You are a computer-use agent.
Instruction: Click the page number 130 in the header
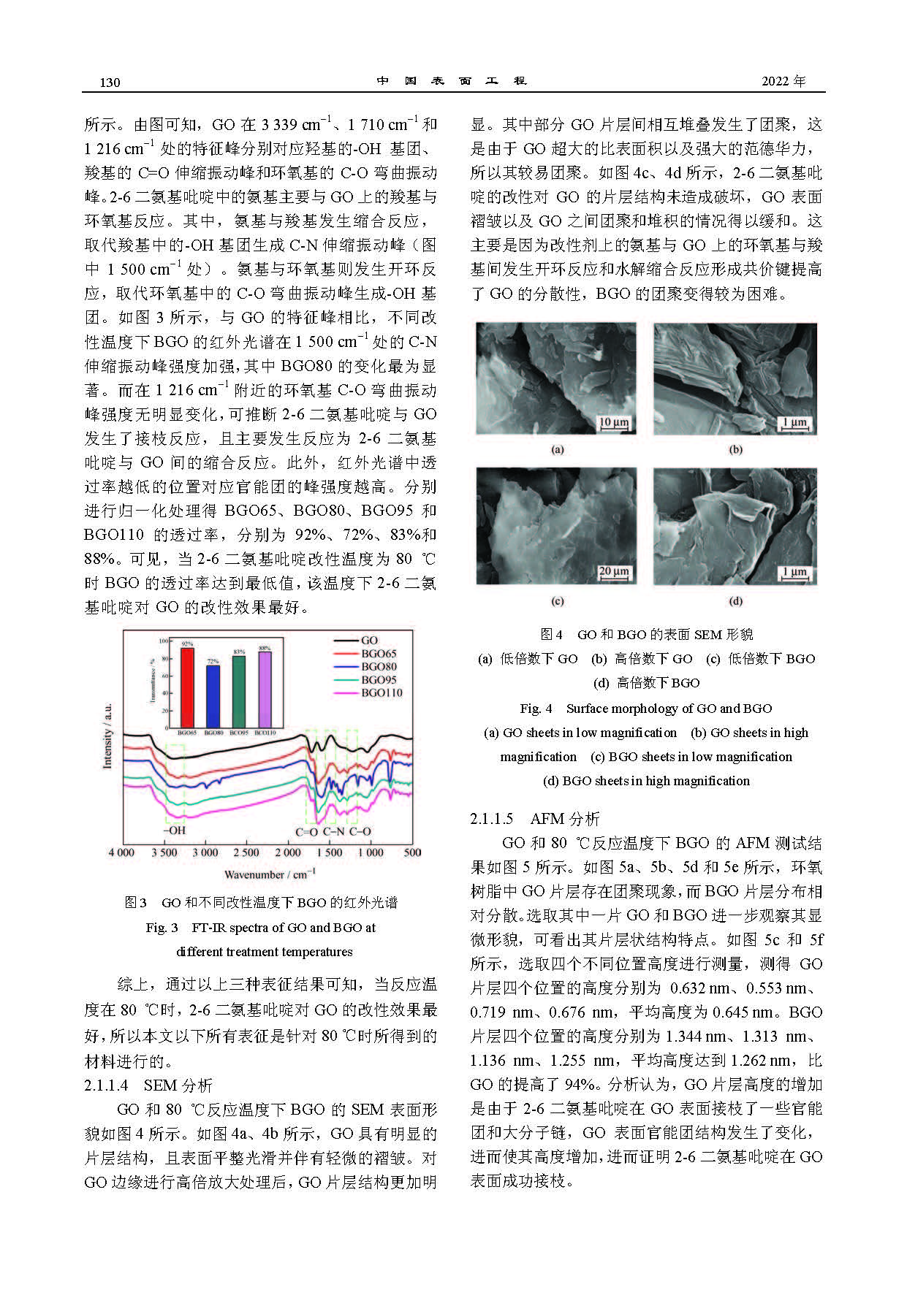tap(110, 82)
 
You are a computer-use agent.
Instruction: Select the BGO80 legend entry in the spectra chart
tap(379, 667)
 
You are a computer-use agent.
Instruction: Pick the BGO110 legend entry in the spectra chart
tap(382, 693)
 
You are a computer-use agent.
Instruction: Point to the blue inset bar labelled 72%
tap(213, 695)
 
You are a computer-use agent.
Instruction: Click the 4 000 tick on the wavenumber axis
tap(121, 852)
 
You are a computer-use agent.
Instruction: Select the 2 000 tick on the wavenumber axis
tap(287, 852)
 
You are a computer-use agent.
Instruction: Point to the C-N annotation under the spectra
tap(333, 831)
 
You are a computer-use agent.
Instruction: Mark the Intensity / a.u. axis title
tap(108, 736)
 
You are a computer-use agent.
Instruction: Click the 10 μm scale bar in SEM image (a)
tap(614, 423)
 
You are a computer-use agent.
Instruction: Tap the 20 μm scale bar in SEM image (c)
tap(614, 572)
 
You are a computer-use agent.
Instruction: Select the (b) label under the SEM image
tap(735, 449)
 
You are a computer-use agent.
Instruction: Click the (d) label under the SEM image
tap(735, 601)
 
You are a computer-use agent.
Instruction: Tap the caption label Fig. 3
tap(162, 928)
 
